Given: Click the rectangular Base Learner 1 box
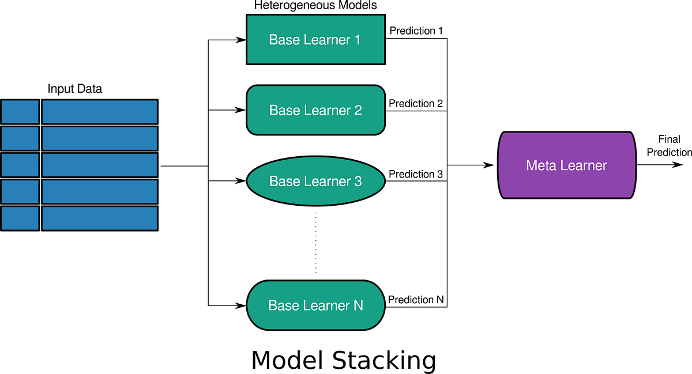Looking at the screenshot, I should tap(315, 39).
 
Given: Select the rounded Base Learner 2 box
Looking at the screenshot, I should tap(315, 110).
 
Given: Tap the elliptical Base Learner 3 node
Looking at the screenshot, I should tap(315, 181).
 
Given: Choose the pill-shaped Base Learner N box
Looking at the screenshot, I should tap(315, 305).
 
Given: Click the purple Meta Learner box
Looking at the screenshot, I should tap(566, 165).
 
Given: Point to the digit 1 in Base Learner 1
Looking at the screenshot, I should tap(357, 40).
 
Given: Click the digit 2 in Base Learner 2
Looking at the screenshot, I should tap(358, 110).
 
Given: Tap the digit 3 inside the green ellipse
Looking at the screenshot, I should tap(358, 181).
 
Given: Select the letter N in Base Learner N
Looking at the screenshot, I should tap(358, 305).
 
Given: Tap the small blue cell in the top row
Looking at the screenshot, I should tap(20, 112).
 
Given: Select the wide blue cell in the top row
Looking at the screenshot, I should tap(99, 112).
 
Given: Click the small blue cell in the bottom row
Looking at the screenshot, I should tap(20, 218).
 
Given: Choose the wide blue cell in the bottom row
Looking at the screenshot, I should tap(99, 218).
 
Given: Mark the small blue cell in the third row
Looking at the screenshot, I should tap(20, 165).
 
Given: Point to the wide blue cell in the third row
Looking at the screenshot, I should tap(99, 165).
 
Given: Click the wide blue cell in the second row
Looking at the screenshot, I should tap(99, 138).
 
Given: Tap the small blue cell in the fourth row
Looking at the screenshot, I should tap(20, 192).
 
